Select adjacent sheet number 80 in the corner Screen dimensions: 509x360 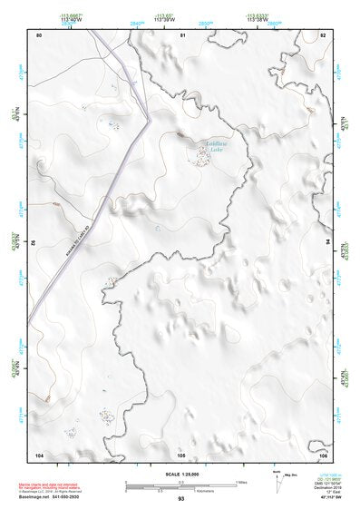(x=40, y=34)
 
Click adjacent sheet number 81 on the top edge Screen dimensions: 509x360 (x=183, y=34)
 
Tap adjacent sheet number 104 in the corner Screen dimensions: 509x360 (x=40, y=454)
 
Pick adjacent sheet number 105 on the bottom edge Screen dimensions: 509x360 (x=181, y=454)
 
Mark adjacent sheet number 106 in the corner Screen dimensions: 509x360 (x=323, y=454)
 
